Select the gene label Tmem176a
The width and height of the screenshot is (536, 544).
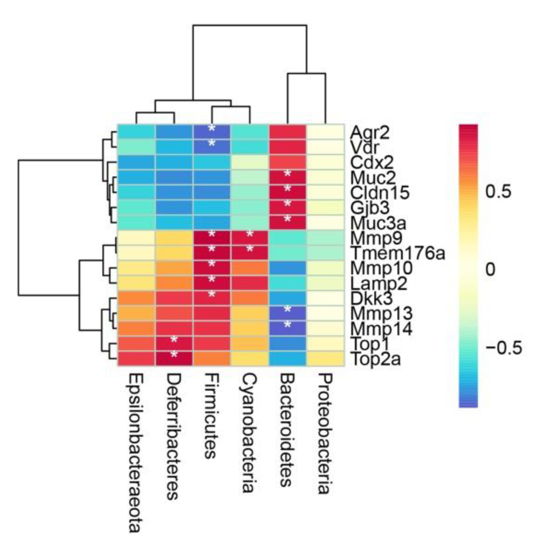[397, 253]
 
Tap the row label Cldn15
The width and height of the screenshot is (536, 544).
[380, 193]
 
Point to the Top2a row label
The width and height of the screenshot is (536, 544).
[376, 359]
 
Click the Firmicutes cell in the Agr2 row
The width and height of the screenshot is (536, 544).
[211, 132]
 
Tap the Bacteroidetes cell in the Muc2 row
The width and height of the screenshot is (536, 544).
[287, 177]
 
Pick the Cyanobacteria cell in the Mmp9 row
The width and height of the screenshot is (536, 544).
[250, 238]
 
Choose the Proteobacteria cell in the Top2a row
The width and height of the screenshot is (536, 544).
[325, 359]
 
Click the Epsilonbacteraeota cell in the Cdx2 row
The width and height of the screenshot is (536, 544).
[136, 162]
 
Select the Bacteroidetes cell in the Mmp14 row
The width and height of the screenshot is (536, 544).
[287, 328]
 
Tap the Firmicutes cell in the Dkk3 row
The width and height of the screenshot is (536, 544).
[211, 298]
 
